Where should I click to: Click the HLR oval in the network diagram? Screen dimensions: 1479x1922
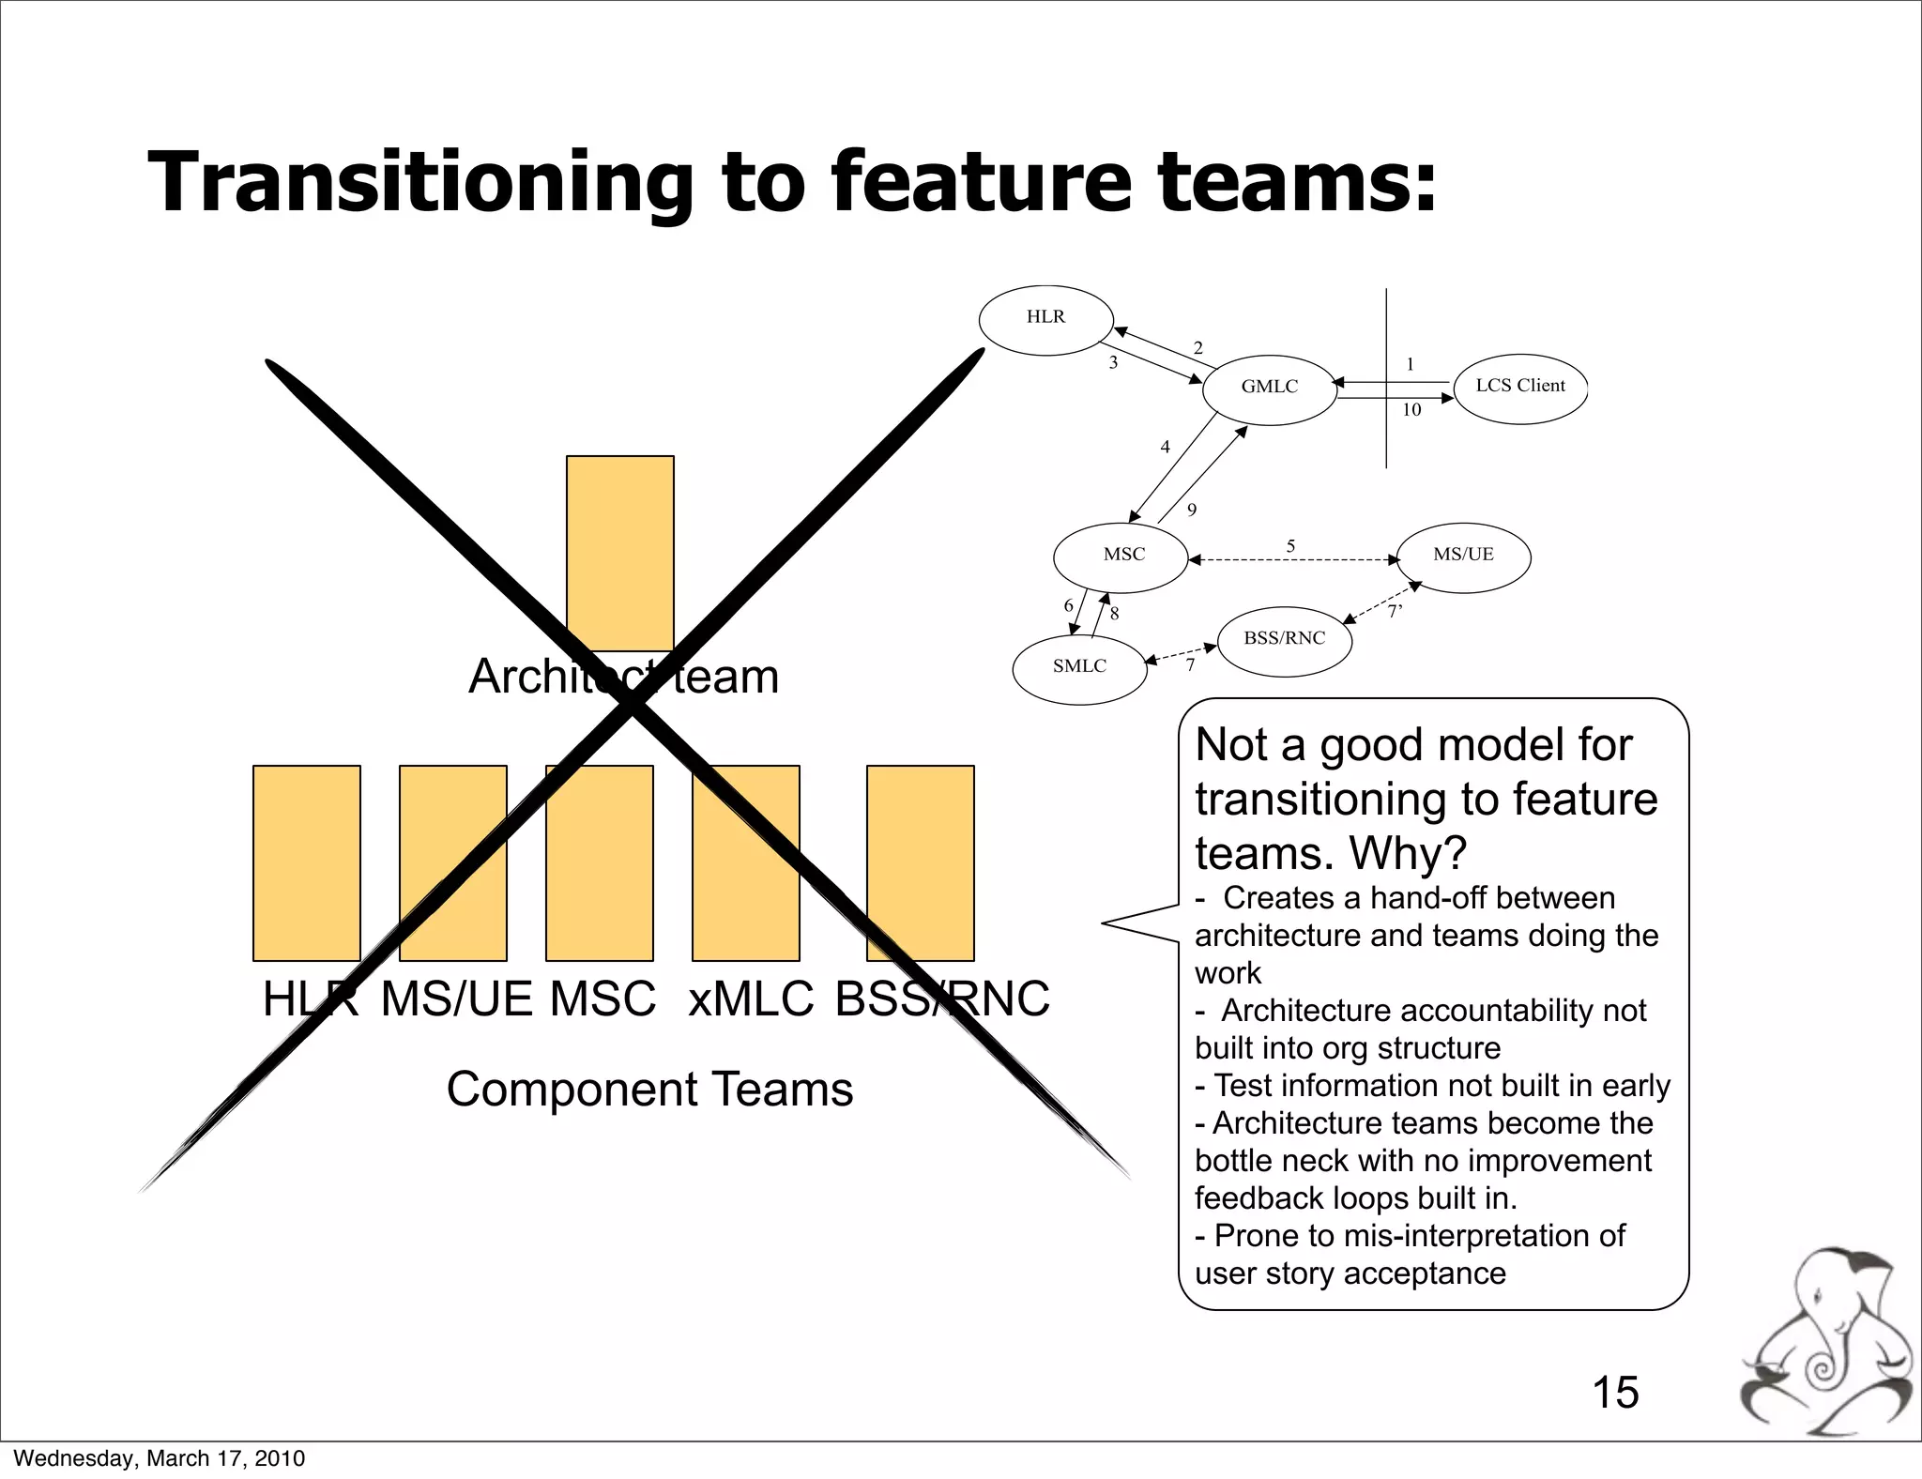(1045, 320)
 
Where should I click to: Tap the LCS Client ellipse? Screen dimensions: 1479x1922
(1519, 388)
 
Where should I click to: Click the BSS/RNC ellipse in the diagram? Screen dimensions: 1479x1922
(1284, 641)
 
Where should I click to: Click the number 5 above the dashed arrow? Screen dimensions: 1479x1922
(1290, 546)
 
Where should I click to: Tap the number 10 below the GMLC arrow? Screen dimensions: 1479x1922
(1411, 410)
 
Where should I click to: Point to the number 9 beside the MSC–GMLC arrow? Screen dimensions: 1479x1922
(1192, 511)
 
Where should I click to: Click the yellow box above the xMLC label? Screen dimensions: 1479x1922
(745, 862)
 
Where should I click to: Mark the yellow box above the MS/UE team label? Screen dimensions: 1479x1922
(452, 862)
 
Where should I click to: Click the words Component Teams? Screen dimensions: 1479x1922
(649, 1090)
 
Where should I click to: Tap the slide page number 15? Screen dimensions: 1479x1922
(1615, 1393)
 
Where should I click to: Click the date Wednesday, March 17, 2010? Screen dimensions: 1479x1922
(160, 1458)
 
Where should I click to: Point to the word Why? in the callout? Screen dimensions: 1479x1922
(1407, 853)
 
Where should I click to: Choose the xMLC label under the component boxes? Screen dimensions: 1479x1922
(750, 999)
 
